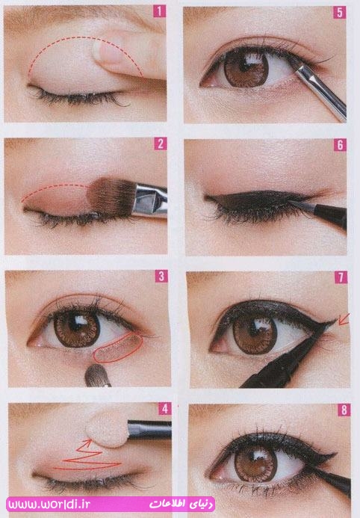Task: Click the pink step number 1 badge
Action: (x=160, y=11)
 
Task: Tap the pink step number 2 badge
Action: (x=161, y=144)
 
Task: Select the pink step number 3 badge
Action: (x=161, y=276)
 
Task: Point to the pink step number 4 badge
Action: (x=164, y=409)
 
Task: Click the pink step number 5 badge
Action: (x=340, y=13)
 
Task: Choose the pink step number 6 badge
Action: (x=340, y=145)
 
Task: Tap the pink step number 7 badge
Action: (x=341, y=277)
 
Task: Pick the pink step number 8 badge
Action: (x=344, y=410)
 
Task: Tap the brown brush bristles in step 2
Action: (x=111, y=197)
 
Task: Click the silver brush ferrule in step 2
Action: (x=150, y=200)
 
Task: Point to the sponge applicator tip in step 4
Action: (x=107, y=430)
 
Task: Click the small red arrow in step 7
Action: (x=344, y=319)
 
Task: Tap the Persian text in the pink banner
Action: (x=181, y=505)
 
